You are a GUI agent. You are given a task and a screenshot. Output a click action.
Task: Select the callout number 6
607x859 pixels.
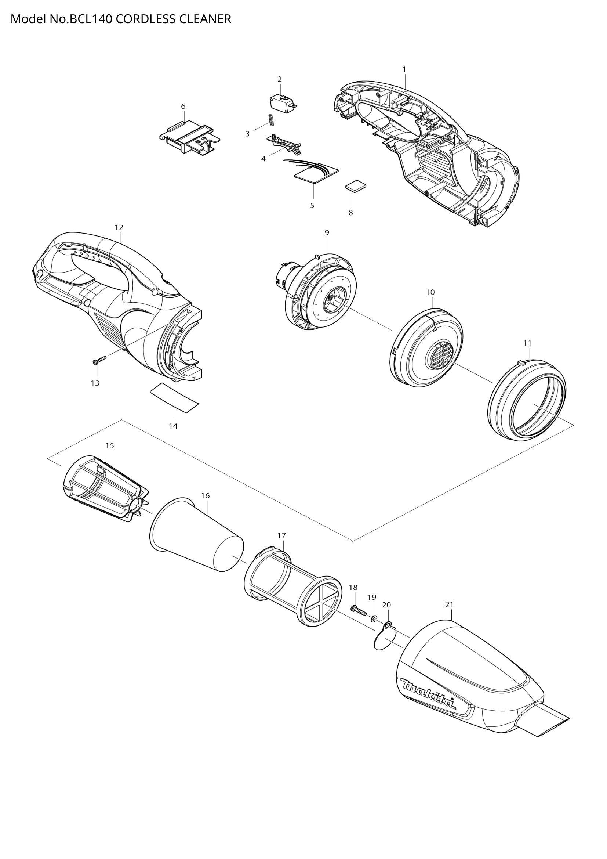183,106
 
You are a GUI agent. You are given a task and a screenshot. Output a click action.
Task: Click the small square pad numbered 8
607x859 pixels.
356,186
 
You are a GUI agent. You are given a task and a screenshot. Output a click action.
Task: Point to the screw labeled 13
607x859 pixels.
99,360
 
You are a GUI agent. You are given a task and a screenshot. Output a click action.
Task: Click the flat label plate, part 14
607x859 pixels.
174,398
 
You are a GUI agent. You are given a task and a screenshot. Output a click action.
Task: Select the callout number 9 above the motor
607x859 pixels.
327,233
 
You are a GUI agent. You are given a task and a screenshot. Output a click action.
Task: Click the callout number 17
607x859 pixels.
281,535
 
